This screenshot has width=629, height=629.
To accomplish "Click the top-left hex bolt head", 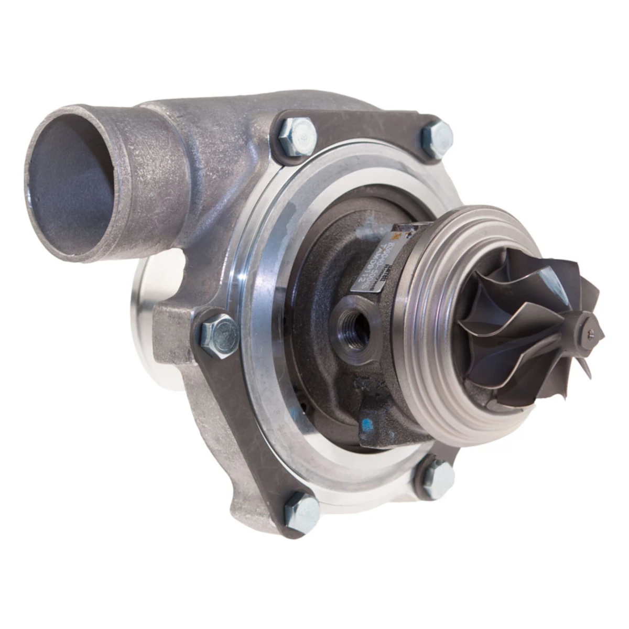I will [297, 135].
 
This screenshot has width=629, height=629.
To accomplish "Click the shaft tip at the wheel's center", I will [591, 331].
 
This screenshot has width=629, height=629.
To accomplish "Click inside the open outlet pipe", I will [73, 173].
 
